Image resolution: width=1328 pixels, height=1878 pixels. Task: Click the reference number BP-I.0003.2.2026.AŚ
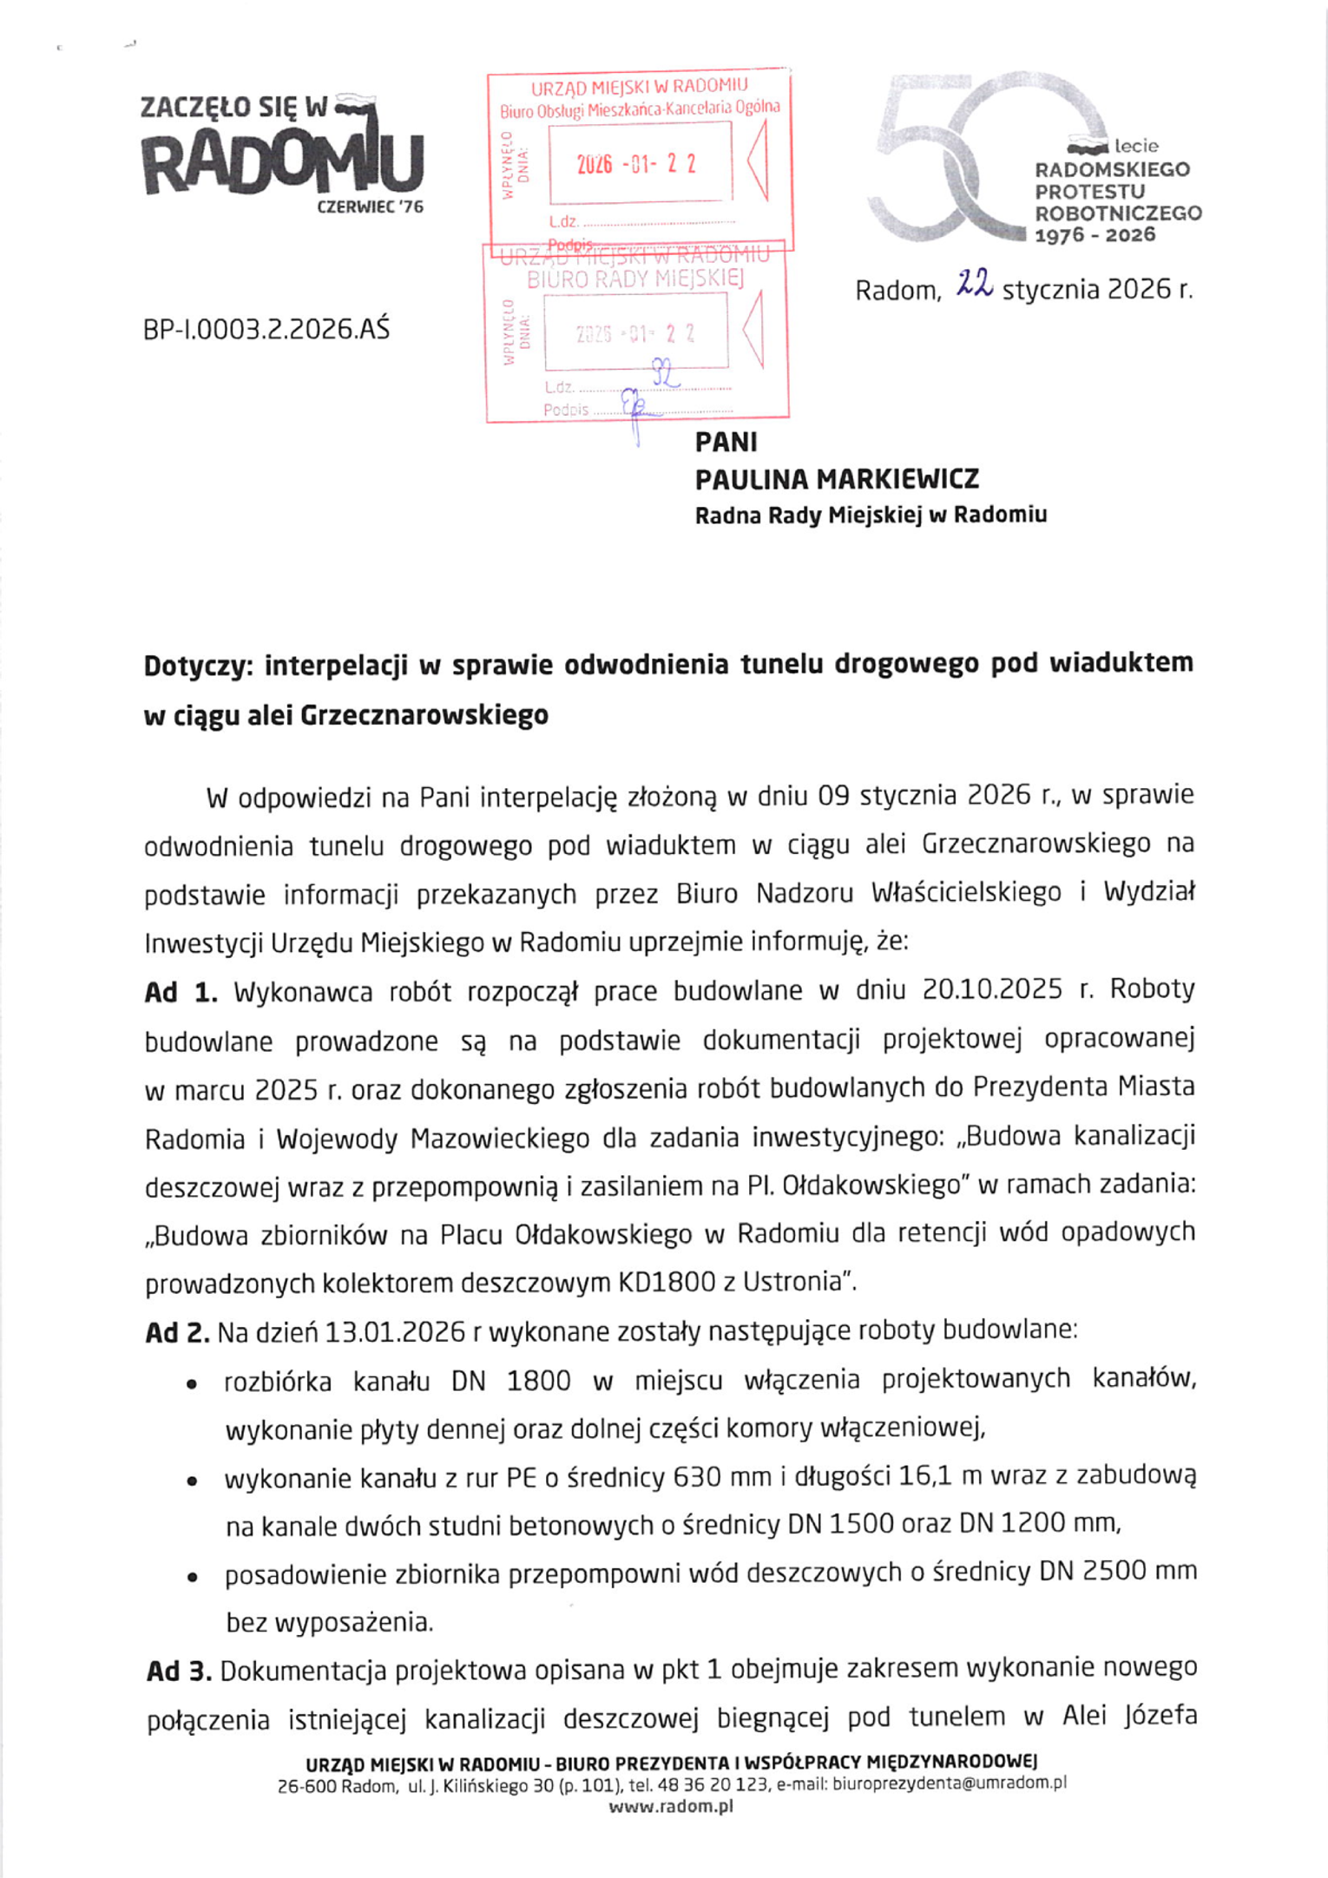coord(266,330)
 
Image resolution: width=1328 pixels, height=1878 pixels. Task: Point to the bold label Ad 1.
coord(181,992)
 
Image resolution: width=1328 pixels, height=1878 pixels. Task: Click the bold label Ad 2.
coord(177,1332)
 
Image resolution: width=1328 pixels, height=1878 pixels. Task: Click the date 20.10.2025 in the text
coord(992,990)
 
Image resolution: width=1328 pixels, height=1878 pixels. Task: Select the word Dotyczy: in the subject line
coord(197,666)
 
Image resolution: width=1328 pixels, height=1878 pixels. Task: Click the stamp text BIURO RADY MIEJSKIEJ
coord(635,279)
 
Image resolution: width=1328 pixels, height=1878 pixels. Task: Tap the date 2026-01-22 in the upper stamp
coord(636,164)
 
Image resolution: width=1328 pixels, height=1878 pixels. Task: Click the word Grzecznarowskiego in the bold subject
coord(424,716)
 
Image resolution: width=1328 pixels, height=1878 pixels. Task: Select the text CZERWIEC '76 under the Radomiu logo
coord(370,207)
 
